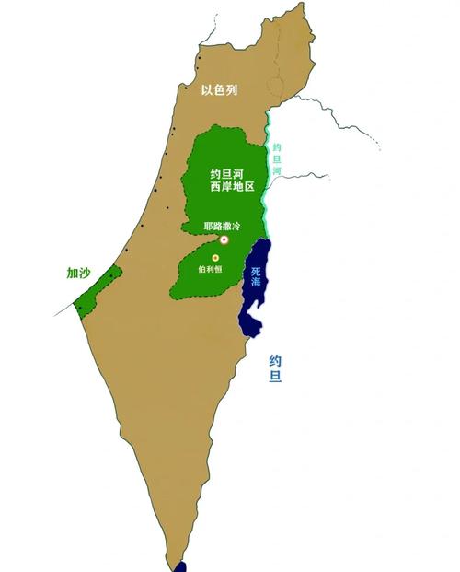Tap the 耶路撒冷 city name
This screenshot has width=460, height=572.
(x=221, y=226)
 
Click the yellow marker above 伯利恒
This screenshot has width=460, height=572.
(x=216, y=258)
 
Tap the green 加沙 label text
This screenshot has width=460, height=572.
(x=78, y=273)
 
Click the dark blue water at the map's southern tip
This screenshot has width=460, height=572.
(x=181, y=566)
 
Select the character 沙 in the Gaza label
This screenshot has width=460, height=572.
(x=86, y=273)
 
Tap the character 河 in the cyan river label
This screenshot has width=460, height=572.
(x=277, y=172)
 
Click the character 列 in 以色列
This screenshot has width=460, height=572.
(x=235, y=89)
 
